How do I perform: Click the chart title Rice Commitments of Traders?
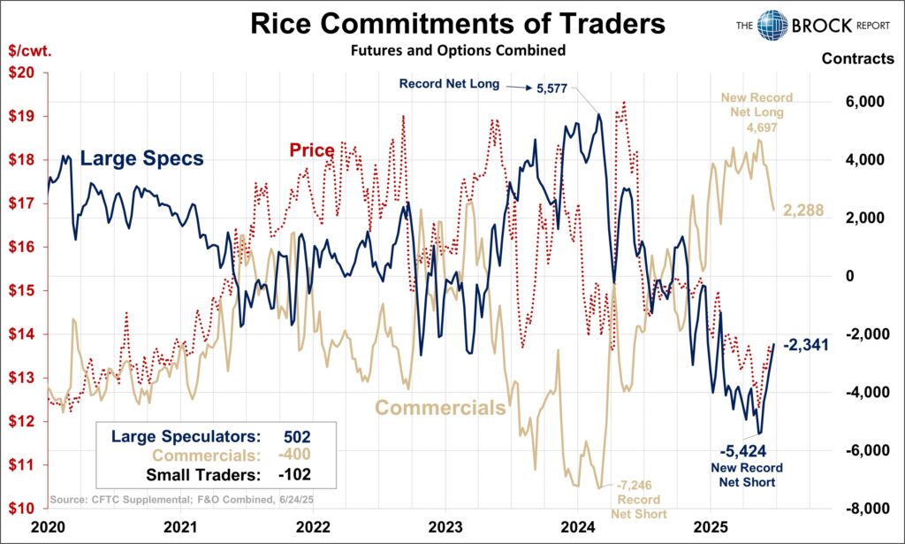458,23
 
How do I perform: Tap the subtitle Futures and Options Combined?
458,50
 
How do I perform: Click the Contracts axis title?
857,59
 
